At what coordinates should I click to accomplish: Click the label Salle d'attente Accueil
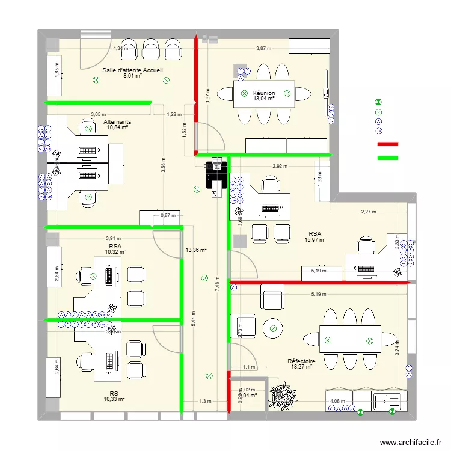[132, 70]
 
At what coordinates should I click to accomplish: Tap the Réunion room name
[263, 93]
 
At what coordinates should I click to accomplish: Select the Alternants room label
[117, 121]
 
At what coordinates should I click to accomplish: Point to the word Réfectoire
[301, 361]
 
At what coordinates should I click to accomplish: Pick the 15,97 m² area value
[315, 239]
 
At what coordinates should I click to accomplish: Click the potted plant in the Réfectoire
[283, 394]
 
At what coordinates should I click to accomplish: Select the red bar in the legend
[388, 144]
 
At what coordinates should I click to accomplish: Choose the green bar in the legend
[388, 158]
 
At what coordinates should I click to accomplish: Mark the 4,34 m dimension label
[120, 48]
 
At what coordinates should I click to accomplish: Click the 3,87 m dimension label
[263, 48]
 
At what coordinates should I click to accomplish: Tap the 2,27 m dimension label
[369, 211]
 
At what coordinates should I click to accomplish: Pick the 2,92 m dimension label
[280, 165]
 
